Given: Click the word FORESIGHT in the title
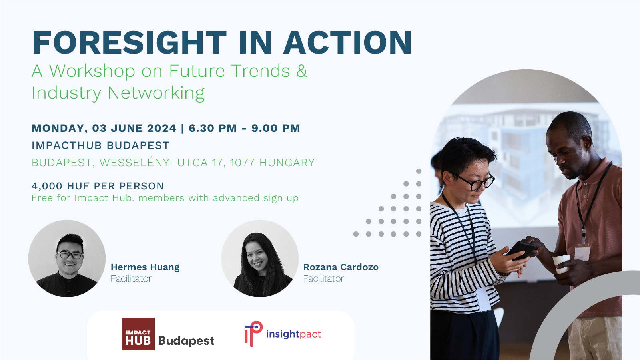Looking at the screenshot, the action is pyautogui.click(x=130, y=42).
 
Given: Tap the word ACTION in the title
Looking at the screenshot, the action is pyautogui.click(x=347, y=42).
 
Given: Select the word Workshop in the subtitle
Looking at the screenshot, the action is pyautogui.click(x=92, y=72).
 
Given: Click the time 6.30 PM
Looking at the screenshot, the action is pyautogui.click(x=213, y=129).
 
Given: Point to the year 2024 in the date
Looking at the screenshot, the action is pyautogui.click(x=162, y=129).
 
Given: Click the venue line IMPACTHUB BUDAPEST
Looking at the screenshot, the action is pyautogui.click(x=101, y=145).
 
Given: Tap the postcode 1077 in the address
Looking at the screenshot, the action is pyautogui.click(x=242, y=163).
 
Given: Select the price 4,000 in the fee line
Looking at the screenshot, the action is pyautogui.click(x=47, y=186).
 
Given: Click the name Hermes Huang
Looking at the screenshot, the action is pyautogui.click(x=145, y=267).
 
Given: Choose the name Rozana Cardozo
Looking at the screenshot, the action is pyautogui.click(x=341, y=267).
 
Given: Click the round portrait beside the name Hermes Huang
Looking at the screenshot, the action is pyautogui.click(x=67, y=259).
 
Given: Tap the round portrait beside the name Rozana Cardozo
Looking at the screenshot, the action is pyautogui.click(x=260, y=259).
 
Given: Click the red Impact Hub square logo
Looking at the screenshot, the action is pyautogui.click(x=138, y=334).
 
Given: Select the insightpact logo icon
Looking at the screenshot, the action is pyautogui.click(x=253, y=334).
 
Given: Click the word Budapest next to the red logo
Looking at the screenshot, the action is pyautogui.click(x=186, y=341).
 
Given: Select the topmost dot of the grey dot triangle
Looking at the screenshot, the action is pyautogui.click(x=419, y=171).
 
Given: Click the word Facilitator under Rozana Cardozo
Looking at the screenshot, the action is pyautogui.click(x=323, y=278).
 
